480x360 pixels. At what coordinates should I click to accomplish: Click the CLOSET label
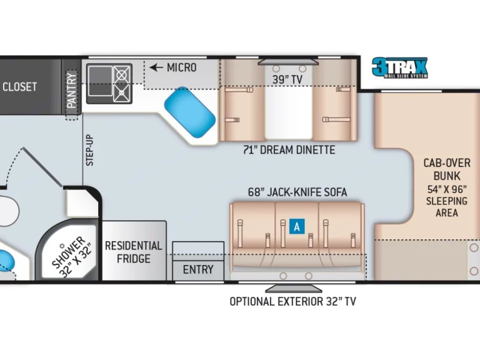pos(19,87)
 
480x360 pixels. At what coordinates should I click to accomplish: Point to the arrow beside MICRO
pos(156,67)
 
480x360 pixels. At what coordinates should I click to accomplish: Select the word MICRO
pos(181,67)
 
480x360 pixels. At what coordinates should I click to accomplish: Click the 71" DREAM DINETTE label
pos(289,150)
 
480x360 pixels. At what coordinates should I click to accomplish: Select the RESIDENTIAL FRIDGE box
pos(134,251)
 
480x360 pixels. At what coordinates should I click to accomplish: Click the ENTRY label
pos(197,270)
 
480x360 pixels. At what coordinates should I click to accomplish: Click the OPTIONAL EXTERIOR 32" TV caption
pos(292,301)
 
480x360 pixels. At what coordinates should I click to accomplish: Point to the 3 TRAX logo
pos(399,67)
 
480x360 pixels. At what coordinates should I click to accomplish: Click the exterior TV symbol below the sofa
pos(294,288)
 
